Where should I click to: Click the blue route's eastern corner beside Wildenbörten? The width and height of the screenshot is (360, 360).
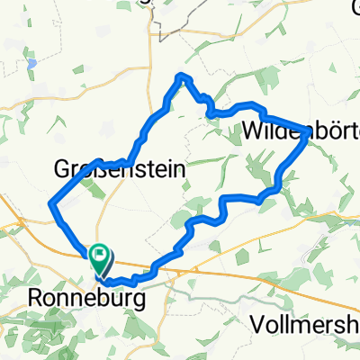[310, 131]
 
